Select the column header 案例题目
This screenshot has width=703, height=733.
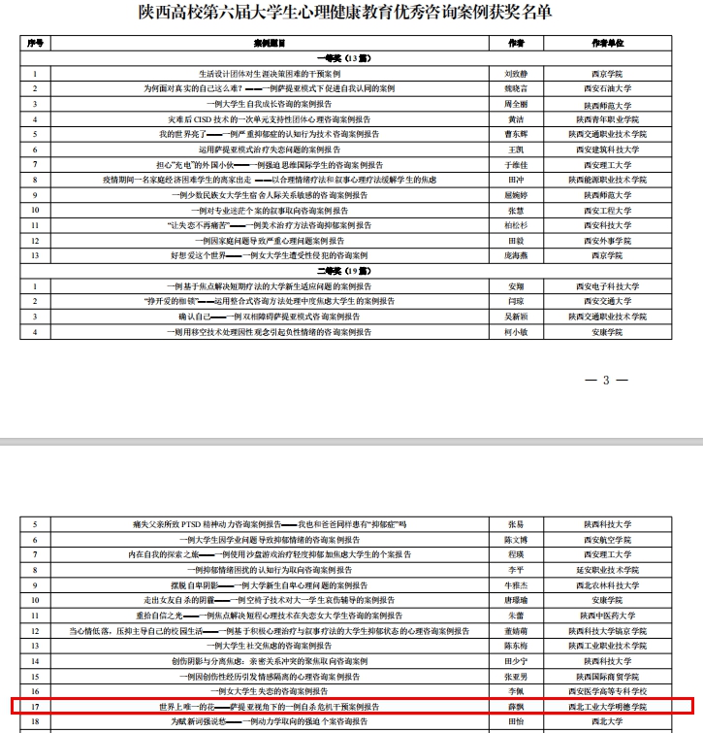[269, 45]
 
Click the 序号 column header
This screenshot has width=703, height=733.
[35, 45]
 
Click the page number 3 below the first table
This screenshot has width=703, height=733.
[606, 380]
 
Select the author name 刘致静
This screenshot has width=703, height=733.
[516, 74]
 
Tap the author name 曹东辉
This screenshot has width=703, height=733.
[516, 134]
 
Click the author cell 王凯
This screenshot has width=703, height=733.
[516, 150]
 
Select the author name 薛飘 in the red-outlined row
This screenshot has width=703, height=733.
[516, 707]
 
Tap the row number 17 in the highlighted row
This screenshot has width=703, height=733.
[35, 707]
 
